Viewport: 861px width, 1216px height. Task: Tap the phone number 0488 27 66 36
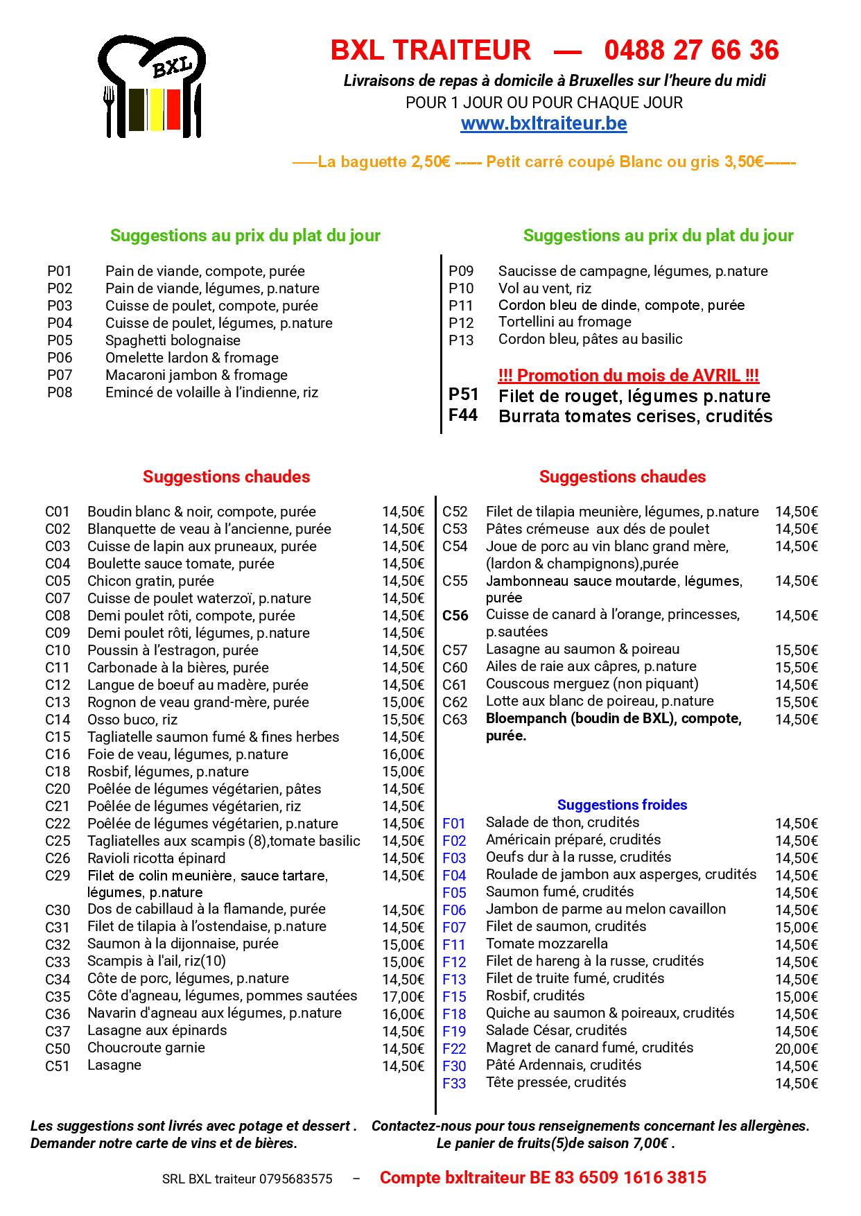(691, 50)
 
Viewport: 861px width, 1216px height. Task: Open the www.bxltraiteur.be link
(543, 123)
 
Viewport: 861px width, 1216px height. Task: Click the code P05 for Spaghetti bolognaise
(60, 340)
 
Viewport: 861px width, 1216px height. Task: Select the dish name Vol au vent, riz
(544, 288)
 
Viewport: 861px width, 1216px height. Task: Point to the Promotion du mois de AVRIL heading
(628, 376)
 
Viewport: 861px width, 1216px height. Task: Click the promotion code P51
(464, 395)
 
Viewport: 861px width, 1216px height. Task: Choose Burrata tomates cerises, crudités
(635, 416)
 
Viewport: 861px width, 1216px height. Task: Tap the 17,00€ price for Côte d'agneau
(403, 996)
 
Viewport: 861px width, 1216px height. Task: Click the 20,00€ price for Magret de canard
(797, 1048)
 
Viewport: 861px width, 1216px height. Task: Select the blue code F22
(454, 1048)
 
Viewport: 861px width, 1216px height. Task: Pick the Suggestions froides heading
(622, 805)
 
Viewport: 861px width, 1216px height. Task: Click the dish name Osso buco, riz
(132, 720)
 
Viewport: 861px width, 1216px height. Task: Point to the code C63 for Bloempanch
(455, 719)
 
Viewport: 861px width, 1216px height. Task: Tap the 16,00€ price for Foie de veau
(403, 754)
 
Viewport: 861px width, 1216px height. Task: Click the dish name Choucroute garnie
(146, 1048)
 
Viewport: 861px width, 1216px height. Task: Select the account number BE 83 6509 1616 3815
(618, 1177)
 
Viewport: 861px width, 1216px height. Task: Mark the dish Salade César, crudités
(556, 1030)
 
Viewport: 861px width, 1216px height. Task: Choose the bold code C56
(455, 615)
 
